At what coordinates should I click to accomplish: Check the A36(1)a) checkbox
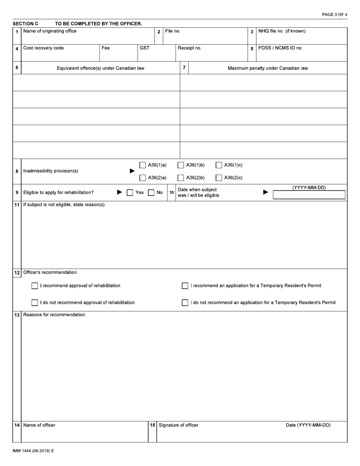pos(142,165)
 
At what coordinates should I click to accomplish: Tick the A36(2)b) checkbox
pos(181,178)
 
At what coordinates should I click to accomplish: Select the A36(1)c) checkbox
pos(219,165)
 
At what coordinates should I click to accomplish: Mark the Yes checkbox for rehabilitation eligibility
pos(130,192)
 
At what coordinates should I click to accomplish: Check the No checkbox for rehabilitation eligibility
pos(151,192)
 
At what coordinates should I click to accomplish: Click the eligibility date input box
pos(309,195)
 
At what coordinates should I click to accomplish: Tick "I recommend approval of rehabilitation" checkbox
pos(35,286)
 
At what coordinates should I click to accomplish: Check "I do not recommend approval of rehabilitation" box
pos(35,303)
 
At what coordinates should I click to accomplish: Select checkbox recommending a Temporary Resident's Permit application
pos(185,286)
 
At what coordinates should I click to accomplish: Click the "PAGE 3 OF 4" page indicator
pos(334,15)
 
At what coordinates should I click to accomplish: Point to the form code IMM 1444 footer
pos(33,451)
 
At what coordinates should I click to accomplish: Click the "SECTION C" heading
pos(25,24)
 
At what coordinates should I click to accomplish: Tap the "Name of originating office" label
pos(50,31)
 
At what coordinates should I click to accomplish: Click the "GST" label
pos(144,48)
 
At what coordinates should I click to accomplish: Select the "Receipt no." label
pos(189,48)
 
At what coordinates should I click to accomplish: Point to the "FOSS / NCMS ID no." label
pos(280,48)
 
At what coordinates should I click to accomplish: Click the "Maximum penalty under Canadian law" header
pos(268,68)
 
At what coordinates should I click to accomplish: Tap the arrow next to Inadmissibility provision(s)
pos(132,171)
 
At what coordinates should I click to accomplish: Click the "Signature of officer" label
pos(178,425)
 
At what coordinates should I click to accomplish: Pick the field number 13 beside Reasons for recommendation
pos(17,315)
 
